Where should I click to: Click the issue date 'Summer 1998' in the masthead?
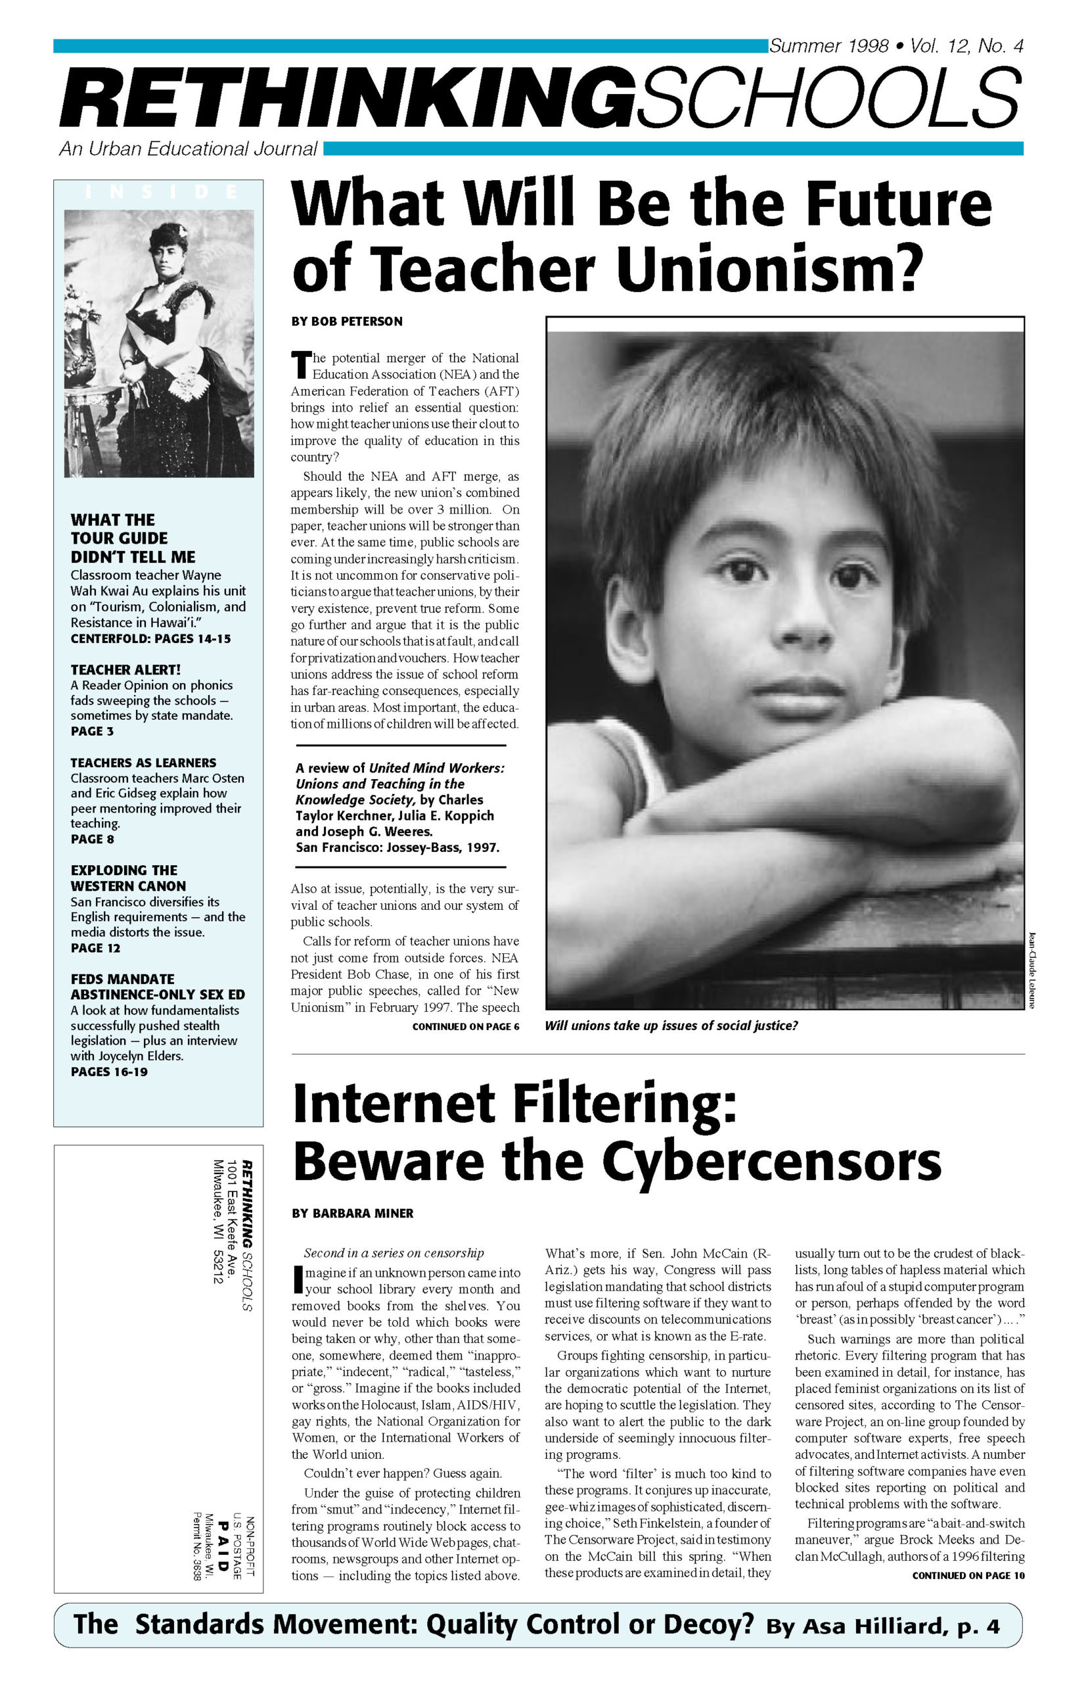click(828, 47)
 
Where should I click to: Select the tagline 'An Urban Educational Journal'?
click(188, 149)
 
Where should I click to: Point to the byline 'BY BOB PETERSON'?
click(347, 321)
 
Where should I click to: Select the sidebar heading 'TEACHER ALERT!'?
click(125, 669)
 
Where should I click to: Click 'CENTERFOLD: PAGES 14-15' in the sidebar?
click(150, 639)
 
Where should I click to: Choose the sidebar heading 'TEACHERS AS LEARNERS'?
click(143, 763)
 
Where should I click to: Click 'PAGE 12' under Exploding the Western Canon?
click(95, 948)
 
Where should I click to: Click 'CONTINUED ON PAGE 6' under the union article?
click(466, 1026)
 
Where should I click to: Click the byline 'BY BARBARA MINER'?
click(353, 1213)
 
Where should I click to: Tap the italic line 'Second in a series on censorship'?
click(394, 1252)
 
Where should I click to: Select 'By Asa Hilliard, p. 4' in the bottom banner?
click(882, 1626)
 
